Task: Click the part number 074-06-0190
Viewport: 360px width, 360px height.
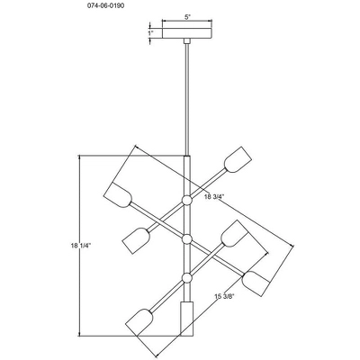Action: pyautogui.click(x=106, y=5)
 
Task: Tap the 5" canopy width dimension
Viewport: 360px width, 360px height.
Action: pyautogui.click(x=187, y=17)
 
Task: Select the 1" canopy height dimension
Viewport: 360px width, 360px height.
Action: pyautogui.click(x=150, y=32)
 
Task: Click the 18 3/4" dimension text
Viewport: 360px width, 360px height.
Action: pyautogui.click(x=214, y=196)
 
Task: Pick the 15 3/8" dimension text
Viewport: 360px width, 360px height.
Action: pyautogui.click(x=224, y=297)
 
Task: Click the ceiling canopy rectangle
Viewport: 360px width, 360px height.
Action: pyautogui.click(x=187, y=33)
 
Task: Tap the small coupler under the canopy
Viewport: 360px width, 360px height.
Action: pyautogui.click(x=187, y=41)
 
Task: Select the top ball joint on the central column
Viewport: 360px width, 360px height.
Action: pyautogui.click(x=187, y=200)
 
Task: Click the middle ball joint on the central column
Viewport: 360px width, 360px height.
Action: pyautogui.click(x=187, y=239)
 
